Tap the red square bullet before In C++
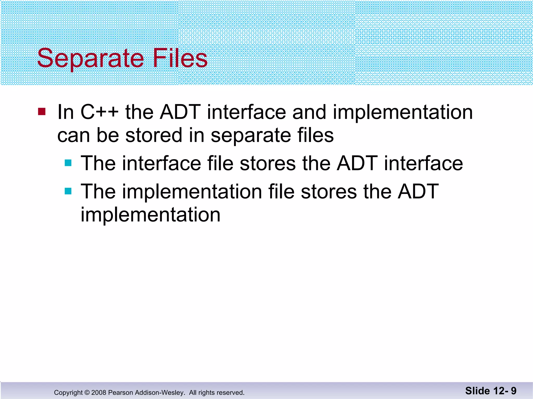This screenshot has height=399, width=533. click(x=42, y=112)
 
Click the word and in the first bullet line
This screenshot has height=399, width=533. click(x=309, y=112)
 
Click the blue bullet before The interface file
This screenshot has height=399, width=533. click(x=68, y=163)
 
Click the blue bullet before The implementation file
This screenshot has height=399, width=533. click(x=68, y=191)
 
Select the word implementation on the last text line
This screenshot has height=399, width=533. click(x=150, y=215)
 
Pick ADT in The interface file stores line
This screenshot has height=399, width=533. click(x=357, y=163)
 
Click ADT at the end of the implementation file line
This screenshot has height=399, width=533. click(x=418, y=191)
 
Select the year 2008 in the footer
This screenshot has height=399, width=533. click(x=99, y=393)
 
